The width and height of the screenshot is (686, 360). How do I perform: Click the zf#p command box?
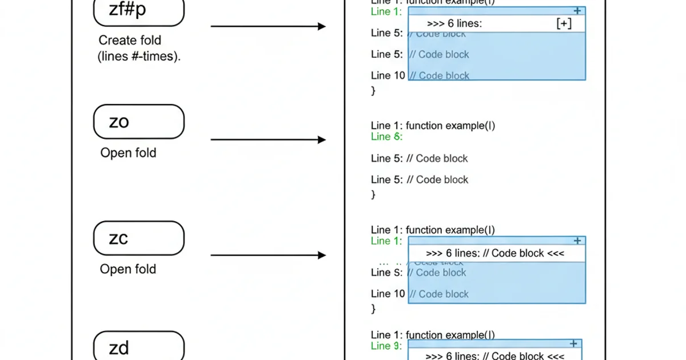coord(139,10)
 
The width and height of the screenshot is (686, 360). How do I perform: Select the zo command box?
coord(139,122)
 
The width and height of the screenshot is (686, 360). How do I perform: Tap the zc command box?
coord(139,238)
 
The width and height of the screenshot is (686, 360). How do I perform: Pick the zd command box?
coord(139,346)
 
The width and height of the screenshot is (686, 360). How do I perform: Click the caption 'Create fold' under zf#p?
coord(130,41)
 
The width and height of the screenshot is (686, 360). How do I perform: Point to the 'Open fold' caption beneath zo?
coord(128,153)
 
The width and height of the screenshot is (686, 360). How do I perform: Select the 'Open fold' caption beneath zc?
coord(128,269)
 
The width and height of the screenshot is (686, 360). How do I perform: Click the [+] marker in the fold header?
coord(563,23)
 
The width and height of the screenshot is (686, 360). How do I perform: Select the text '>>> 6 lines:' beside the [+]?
coord(454,23)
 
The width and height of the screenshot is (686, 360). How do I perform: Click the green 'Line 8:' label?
coord(386,137)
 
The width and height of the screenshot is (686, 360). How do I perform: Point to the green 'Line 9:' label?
coord(386,346)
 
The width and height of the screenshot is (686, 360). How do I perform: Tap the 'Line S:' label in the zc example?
coord(387,273)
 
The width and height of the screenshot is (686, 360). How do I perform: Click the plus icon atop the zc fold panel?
coord(577,241)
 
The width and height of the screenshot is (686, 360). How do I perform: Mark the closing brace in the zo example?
coord(374,195)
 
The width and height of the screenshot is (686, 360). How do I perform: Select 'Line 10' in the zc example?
coord(388,294)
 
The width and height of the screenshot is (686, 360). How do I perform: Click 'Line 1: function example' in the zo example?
coord(433,126)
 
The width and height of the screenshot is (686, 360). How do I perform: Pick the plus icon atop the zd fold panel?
coord(574,343)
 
